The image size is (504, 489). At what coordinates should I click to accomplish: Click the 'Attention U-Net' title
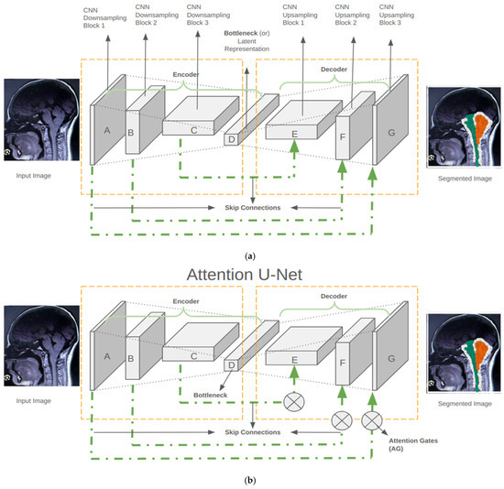tap(245, 275)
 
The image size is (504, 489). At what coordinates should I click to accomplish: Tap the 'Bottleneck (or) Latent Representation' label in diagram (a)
tap(247, 41)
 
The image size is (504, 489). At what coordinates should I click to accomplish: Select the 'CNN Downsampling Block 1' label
tap(104, 18)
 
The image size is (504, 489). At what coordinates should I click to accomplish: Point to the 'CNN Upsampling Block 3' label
tap(397, 15)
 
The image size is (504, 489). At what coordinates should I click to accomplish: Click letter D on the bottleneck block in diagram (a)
tap(232, 140)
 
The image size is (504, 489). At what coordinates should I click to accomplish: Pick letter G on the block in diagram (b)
tap(391, 359)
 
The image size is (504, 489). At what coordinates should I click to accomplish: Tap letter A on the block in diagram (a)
tap(107, 130)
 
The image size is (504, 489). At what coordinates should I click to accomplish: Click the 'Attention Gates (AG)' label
tap(413, 444)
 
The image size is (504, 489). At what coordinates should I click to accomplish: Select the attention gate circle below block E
tap(294, 402)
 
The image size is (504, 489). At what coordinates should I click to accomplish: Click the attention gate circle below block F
tap(342, 420)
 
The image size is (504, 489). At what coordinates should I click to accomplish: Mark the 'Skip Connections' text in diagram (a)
tap(253, 208)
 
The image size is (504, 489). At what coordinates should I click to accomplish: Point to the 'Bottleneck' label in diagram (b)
tap(211, 396)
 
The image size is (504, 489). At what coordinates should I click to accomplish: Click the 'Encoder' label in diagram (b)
tap(186, 301)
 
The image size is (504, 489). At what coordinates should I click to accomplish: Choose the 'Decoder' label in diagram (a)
tap(334, 70)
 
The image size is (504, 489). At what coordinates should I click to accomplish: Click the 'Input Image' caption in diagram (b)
tap(33, 401)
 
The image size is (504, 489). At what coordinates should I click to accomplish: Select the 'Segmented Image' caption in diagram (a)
tap(465, 179)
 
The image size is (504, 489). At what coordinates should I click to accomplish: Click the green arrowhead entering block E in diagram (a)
tap(294, 147)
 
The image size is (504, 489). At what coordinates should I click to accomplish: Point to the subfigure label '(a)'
tap(250, 256)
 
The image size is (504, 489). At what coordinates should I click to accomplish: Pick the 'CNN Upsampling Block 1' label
tap(300, 15)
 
